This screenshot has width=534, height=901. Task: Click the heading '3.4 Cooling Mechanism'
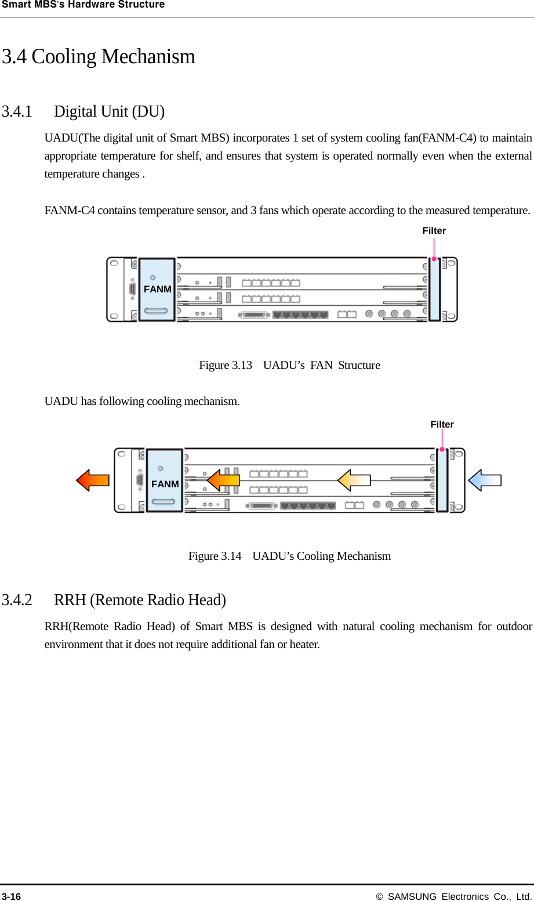point(99,57)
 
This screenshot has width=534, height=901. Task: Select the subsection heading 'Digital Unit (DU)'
point(109,111)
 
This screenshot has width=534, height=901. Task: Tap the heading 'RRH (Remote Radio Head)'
point(140,600)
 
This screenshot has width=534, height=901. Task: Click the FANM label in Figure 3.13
point(157,289)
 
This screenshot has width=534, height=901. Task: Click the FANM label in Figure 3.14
point(165,484)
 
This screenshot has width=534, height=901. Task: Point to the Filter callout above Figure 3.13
point(434,231)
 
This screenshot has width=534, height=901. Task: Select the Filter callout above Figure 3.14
point(442,425)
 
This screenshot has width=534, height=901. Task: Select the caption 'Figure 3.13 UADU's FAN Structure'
point(289,366)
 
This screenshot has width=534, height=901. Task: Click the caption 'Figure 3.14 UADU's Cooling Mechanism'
point(289,556)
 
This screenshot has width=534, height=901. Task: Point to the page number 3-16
point(11,896)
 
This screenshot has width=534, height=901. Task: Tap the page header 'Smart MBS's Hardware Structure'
point(83,5)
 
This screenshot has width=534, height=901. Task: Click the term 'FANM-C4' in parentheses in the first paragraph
point(448,138)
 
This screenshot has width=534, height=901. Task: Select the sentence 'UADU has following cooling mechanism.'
point(142,401)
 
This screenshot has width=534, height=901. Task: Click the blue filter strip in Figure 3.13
point(434,290)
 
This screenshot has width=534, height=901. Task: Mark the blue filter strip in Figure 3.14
point(442,481)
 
